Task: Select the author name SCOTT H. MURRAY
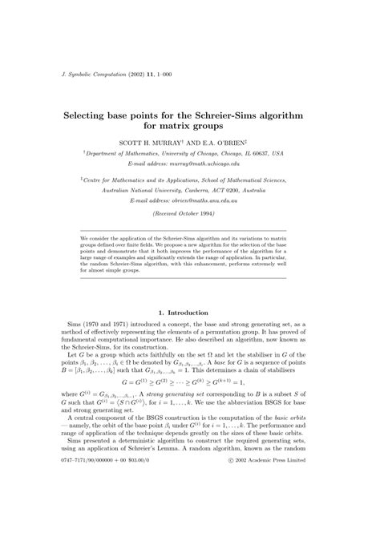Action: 164,139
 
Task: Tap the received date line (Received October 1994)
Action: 189,216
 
